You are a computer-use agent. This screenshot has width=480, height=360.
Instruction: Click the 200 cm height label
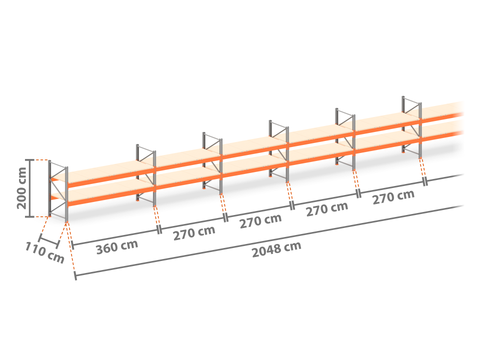click(22, 188)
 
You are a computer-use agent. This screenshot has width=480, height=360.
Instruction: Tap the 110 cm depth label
click(45, 253)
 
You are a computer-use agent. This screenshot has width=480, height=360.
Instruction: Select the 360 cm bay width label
click(117, 247)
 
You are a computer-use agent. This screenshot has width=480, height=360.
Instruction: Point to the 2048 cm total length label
click(277, 249)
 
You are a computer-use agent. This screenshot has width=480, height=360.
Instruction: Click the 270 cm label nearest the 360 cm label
click(194, 233)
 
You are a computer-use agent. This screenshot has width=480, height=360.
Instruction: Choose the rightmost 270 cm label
click(393, 197)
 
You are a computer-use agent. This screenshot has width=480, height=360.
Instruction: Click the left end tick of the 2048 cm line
click(75, 276)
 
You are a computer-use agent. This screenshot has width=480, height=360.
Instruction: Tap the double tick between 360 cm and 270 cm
click(159, 230)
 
